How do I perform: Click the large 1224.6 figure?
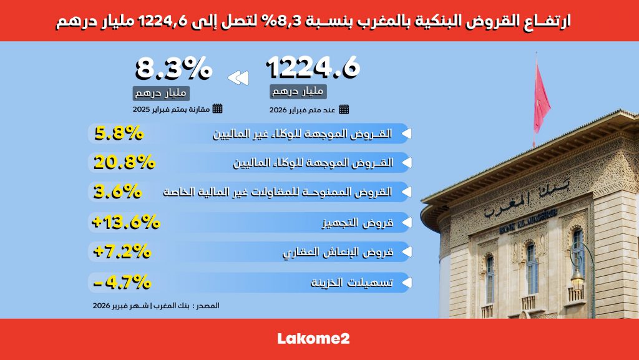coord(313,67)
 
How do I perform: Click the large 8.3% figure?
coord(173,68)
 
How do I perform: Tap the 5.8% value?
coord(119,133)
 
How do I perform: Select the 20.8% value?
coord(124,162)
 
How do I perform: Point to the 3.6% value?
coord(117,192)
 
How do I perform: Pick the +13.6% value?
coord(126,222)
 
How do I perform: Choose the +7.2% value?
coord(122,251)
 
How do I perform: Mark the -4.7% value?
coord(122,282)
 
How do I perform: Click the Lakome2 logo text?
coord(313,338)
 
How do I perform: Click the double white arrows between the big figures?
coord(238,78)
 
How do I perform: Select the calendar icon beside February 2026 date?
coord(344,109)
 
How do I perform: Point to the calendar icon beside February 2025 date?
coord(218,109)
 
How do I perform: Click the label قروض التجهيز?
coord(358,223)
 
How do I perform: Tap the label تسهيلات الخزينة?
coord(352,282)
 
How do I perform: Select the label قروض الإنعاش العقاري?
coord(338,253)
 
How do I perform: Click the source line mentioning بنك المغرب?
coord(155,306)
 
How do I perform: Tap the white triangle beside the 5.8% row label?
coord(406,133)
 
